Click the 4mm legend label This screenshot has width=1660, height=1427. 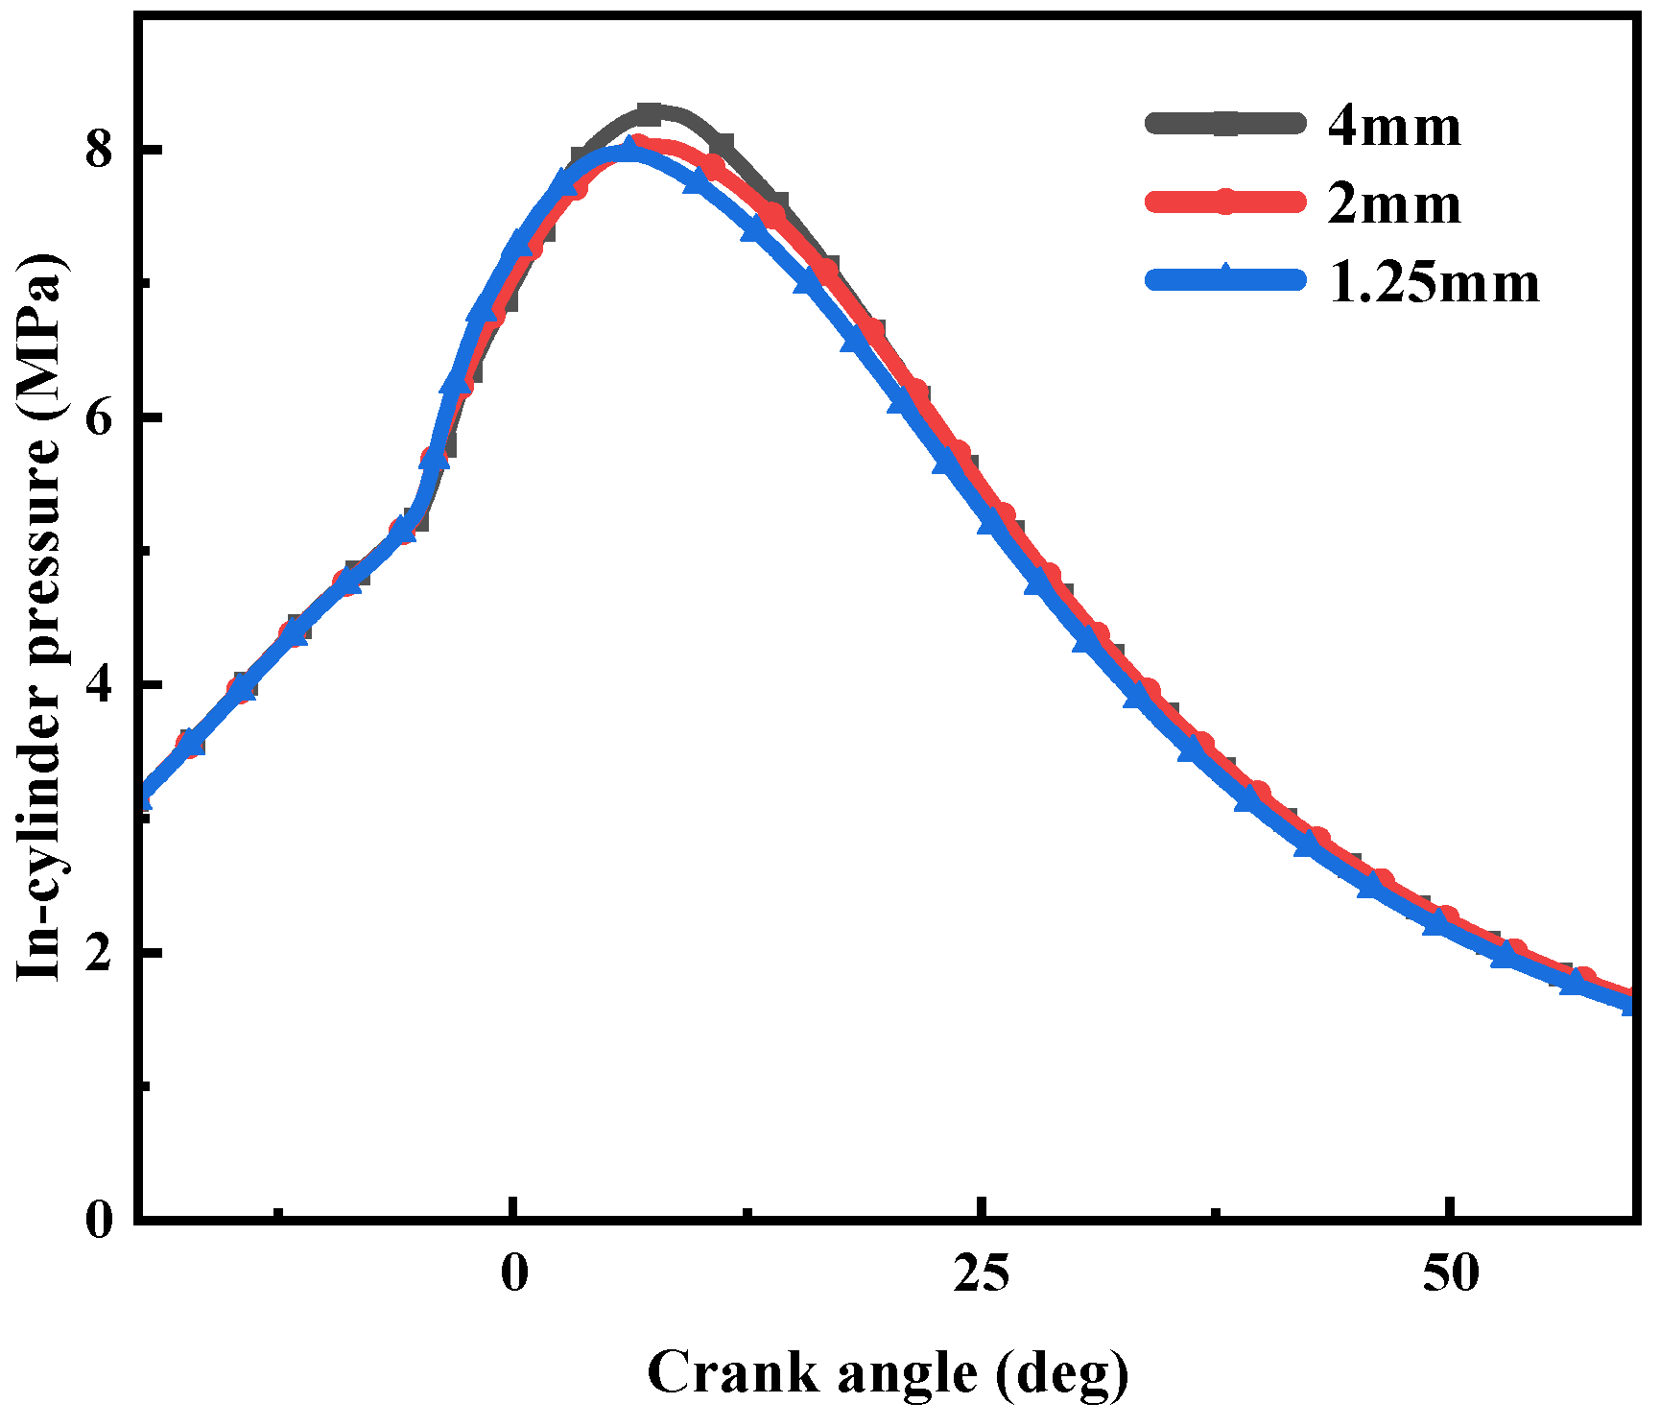click(1394, 126)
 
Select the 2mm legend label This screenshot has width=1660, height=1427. click(1394, 204)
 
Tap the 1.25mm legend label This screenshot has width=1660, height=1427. click(1434, 283)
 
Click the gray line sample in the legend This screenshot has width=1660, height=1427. click(1225, 123)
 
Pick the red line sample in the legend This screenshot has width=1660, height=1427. click(1225, 202)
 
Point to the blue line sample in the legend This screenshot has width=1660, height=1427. click(1225, 279)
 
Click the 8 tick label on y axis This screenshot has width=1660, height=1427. click(100, 150)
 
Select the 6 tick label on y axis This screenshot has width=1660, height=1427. click(100, 417)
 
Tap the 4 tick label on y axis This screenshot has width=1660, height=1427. click(100, 685)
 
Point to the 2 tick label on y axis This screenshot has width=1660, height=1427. click(100, 953)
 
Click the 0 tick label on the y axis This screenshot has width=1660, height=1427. click(100, 1221)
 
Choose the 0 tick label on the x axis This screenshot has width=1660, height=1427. click(515, 1273)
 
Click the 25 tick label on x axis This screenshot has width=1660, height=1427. click(983, 1273)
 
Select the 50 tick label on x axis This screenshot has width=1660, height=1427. click(1451, 1273)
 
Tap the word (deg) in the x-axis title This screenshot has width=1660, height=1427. click(1062, 1373)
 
